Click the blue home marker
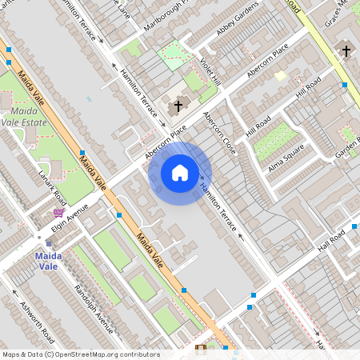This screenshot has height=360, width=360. [180, 173]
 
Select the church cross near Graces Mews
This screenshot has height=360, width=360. [346, 50]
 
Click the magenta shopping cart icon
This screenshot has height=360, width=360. [58, 213]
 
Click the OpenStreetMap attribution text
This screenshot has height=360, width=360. [80, 354]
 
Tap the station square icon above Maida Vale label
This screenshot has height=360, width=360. [48, 242]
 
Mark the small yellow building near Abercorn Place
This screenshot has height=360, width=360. [280, 75]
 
